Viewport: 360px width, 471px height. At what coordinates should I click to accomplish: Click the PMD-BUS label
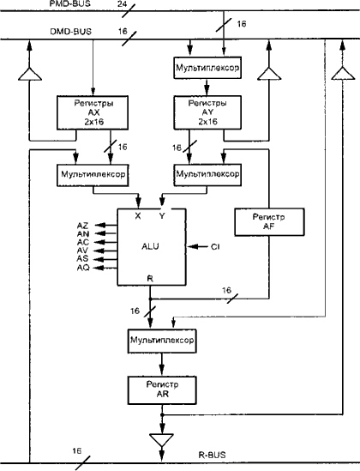[70, 4]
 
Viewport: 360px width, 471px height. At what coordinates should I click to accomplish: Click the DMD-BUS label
[71, 32]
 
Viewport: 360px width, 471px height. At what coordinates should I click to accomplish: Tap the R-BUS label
[212, 455]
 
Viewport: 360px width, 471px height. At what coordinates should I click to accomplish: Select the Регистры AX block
[93, 112]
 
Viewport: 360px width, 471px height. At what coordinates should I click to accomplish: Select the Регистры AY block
[207, 112]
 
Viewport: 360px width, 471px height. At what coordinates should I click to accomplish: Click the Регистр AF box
[269, 222]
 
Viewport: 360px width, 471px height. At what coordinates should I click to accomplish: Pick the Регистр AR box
[162, 390]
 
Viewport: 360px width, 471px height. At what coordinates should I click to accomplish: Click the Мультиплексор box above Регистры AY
[207, 68]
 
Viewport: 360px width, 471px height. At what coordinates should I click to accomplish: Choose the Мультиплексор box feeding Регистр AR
[162, 341]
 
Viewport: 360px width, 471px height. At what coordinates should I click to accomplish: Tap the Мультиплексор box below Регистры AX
[93, 175]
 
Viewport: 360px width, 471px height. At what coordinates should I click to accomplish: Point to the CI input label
[215, 247]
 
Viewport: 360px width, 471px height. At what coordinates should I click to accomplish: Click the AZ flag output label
[83, 226]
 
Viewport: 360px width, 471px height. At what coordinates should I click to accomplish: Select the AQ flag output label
[83, 268]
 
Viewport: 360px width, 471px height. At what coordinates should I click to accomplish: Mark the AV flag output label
[83, 251]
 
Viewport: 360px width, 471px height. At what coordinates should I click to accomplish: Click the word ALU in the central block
[150, 246]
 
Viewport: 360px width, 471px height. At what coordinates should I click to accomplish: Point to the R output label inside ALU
[150, 279]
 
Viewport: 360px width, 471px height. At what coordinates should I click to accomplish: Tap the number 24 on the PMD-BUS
[122, 4]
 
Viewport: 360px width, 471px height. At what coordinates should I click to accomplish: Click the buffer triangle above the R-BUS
[162, 440]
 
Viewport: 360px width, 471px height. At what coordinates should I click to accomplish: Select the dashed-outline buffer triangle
[343, 74]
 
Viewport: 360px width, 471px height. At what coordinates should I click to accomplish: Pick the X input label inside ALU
[138, 215]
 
